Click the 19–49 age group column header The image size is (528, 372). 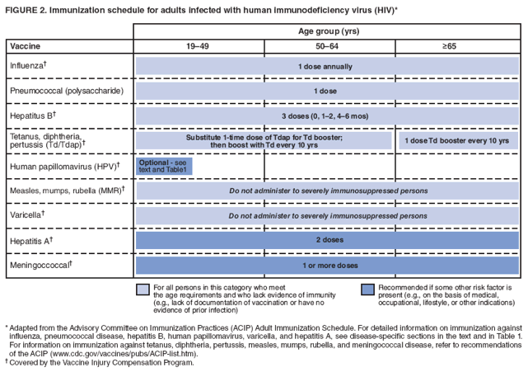point(199,46)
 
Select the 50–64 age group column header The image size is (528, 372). point(329,46)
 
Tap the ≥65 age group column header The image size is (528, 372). point(460,46)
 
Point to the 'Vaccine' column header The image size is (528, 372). point(26,46)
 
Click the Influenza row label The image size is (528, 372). point(34,65)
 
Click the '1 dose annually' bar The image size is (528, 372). point(328,66)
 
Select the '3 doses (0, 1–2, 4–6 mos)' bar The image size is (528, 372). point(328,115)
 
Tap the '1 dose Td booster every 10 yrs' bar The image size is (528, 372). point(460,140)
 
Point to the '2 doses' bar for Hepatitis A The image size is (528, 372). point(328,240)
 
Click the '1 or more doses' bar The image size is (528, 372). point(328,265)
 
